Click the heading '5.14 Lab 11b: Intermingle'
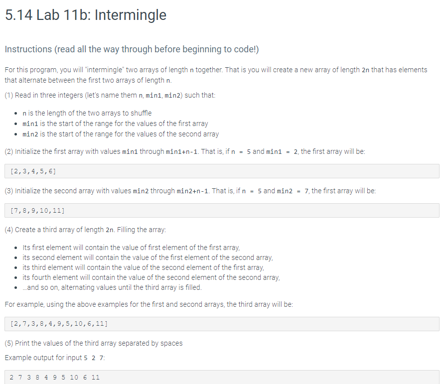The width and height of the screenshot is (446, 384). [x=85, y=15]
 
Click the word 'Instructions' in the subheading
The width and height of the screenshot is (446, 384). [x=28, y=49]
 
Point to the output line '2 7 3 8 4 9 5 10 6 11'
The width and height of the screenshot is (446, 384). [x=55, y=377]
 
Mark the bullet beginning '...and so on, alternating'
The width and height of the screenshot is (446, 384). [x=112, y=287]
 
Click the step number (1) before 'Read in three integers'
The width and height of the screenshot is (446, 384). [x=9, y=95]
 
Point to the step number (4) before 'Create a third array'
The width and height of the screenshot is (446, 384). [x=9, y=230]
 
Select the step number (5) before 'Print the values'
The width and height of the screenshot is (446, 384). [x=9, y=343]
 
